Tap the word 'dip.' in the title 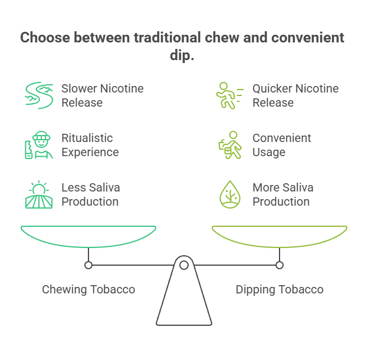click(183, 57)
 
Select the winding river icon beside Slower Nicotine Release click(38, 95)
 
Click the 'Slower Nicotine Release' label click(102, 95)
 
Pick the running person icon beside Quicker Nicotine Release click(229, 95)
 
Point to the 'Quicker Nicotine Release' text click(295, 95)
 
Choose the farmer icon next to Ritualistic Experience click(38, 145)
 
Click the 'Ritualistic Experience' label click(90, 145)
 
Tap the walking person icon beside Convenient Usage click(229, 145)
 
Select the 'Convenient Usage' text click(282, 145)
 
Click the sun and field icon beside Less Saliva click(38, 194)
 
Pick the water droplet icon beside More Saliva click(229, 194)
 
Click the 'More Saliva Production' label click(282, 194)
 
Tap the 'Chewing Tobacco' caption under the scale click(88, 289)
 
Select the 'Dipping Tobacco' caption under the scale click(280, 289)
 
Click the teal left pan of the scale click(88, 236)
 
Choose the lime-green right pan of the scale click(280, 236)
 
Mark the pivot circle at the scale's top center click(184, 266)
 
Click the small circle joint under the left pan click(88, 266)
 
